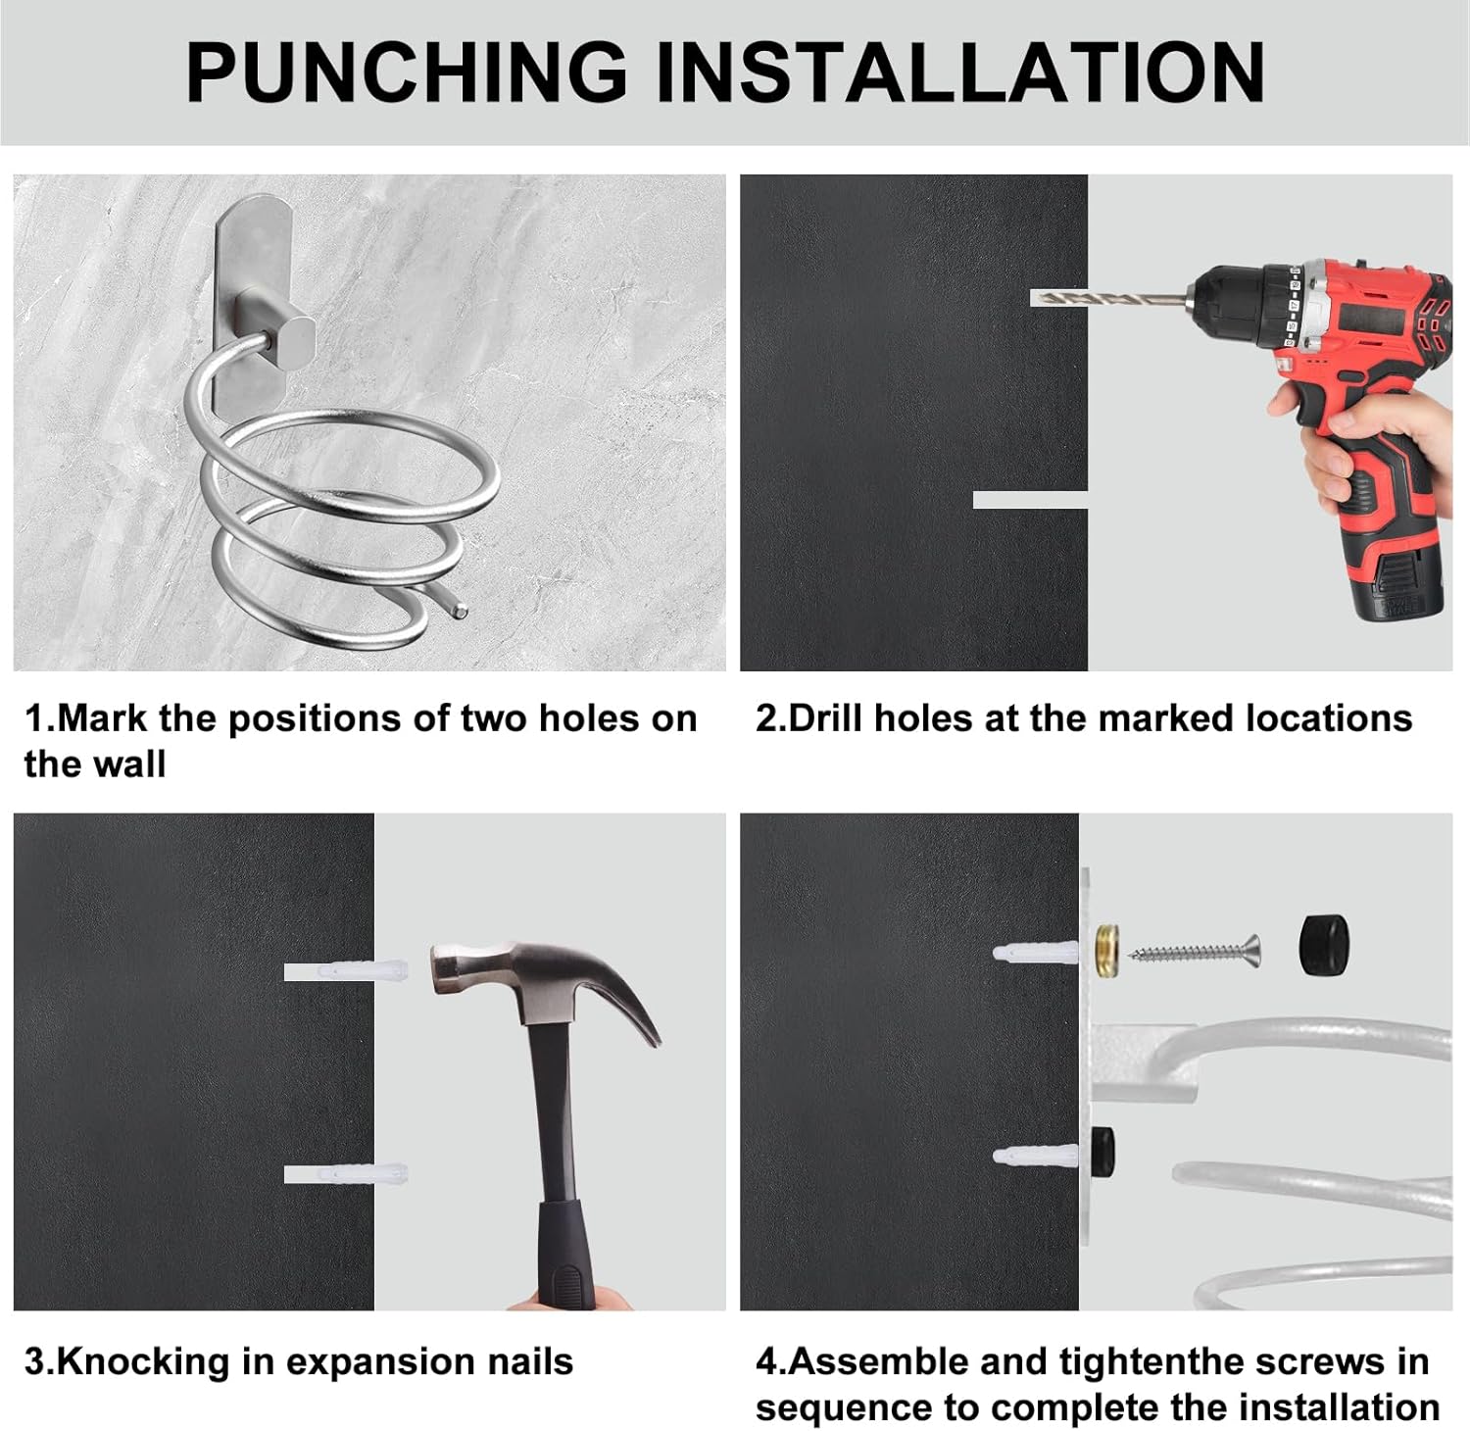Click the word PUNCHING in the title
[407, 72]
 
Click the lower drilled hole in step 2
[1030, 500]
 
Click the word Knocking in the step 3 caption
[143, 1363]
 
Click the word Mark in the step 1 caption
[103, 718]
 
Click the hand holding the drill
[1366, 440]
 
